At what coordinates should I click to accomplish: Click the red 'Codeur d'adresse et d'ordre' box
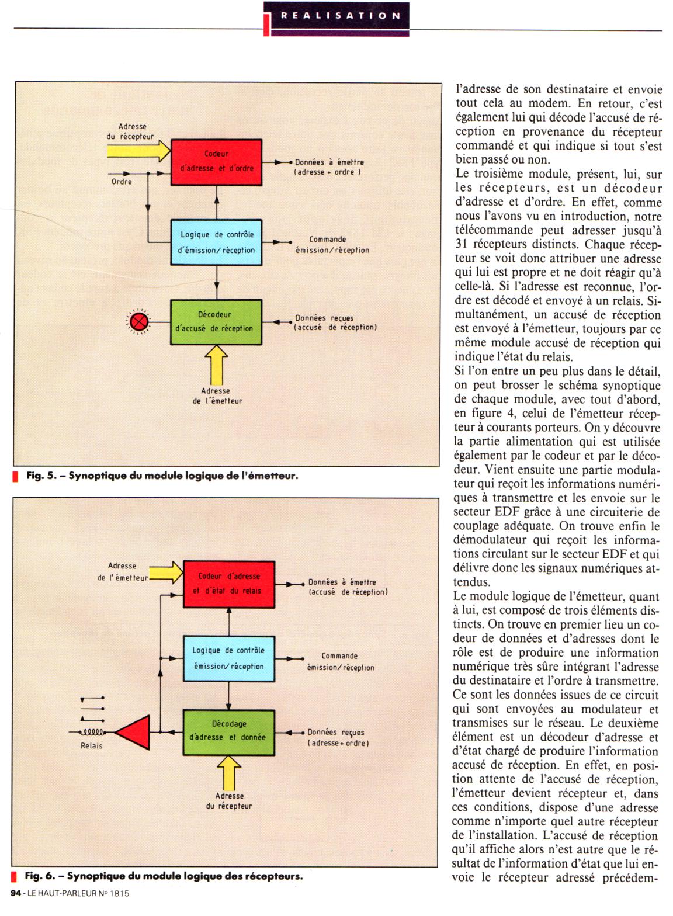click(x=216, y=161)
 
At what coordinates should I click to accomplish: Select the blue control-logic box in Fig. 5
click(x=216, y=242)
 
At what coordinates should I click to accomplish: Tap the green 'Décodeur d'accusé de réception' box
click(x=216, y=322)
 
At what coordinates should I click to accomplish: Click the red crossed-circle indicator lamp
click(x=139, y=322)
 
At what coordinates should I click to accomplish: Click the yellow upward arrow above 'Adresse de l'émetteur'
click(x=216, y=365)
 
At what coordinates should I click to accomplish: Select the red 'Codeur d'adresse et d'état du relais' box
click(x=228, y=584)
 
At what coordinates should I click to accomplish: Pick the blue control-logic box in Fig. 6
click(x=228, y=658)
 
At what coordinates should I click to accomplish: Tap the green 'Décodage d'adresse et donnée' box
click(x=228, y=731)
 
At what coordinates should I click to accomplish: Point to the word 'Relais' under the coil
click(x=92, y=745)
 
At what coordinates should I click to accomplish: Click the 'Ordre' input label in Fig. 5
click(x=122, y=182)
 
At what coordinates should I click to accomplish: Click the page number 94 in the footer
click(x=16, y=893)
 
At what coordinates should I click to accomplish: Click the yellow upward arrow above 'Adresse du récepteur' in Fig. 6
click(x=228, y=771)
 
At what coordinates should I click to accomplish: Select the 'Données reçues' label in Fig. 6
click(x=336, y=732)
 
